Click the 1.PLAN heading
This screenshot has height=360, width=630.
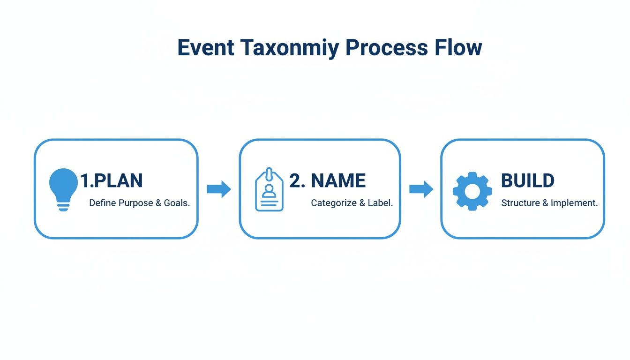(111, 180)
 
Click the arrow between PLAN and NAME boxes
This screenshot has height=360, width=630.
(219, 189)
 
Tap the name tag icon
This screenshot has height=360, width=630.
(269, 189)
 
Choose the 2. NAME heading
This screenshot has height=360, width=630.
(327, 180)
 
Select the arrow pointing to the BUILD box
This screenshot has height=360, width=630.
(421, 189)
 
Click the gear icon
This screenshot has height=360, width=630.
(472, 191)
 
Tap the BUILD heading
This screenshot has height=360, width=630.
(527, 180)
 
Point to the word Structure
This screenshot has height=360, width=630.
(521, 203)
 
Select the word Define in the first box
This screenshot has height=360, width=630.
(101, 203)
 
